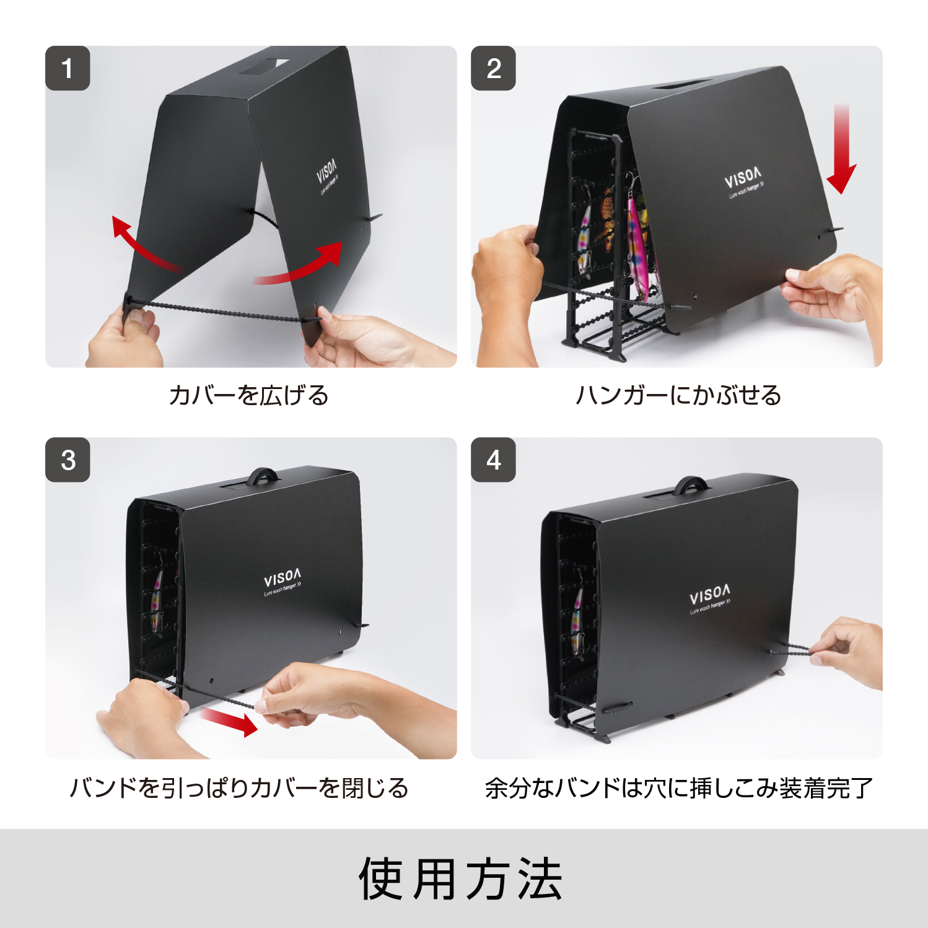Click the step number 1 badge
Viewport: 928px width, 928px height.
tap(68, 68)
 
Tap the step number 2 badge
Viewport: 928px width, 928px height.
tap(493, 68)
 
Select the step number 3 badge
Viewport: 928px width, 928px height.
tap(68, 460)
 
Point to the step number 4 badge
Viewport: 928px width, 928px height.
tap(493, 460)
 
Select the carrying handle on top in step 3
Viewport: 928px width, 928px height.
tap(263, 476)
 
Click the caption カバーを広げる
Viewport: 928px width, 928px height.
tap(249, 395)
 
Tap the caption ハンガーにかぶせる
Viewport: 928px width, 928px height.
tap(678, 395)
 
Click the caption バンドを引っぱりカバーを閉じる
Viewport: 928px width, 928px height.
tap(239, 788)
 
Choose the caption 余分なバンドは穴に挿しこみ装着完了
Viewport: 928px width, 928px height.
tap(678, 788)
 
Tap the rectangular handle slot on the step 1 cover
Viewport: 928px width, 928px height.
tap(265, 66)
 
